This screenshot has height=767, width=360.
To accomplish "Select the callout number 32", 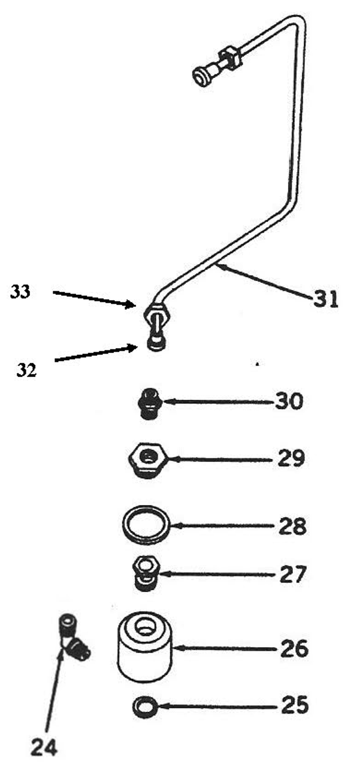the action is (26, 370).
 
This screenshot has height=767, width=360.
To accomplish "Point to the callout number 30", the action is (289, 401).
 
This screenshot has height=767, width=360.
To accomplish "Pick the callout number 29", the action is (291, 459).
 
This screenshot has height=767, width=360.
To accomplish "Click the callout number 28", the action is (292, 527).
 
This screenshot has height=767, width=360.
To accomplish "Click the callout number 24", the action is (44, 747).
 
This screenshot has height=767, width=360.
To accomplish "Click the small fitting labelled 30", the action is (147, 403).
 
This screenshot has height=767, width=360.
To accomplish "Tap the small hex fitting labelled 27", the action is (144, 574).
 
